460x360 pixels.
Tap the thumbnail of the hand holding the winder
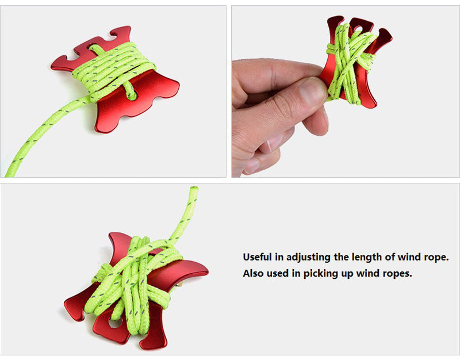point(346,91)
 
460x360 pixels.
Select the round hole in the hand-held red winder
point(358,29)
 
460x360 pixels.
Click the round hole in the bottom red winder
point(115,323)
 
